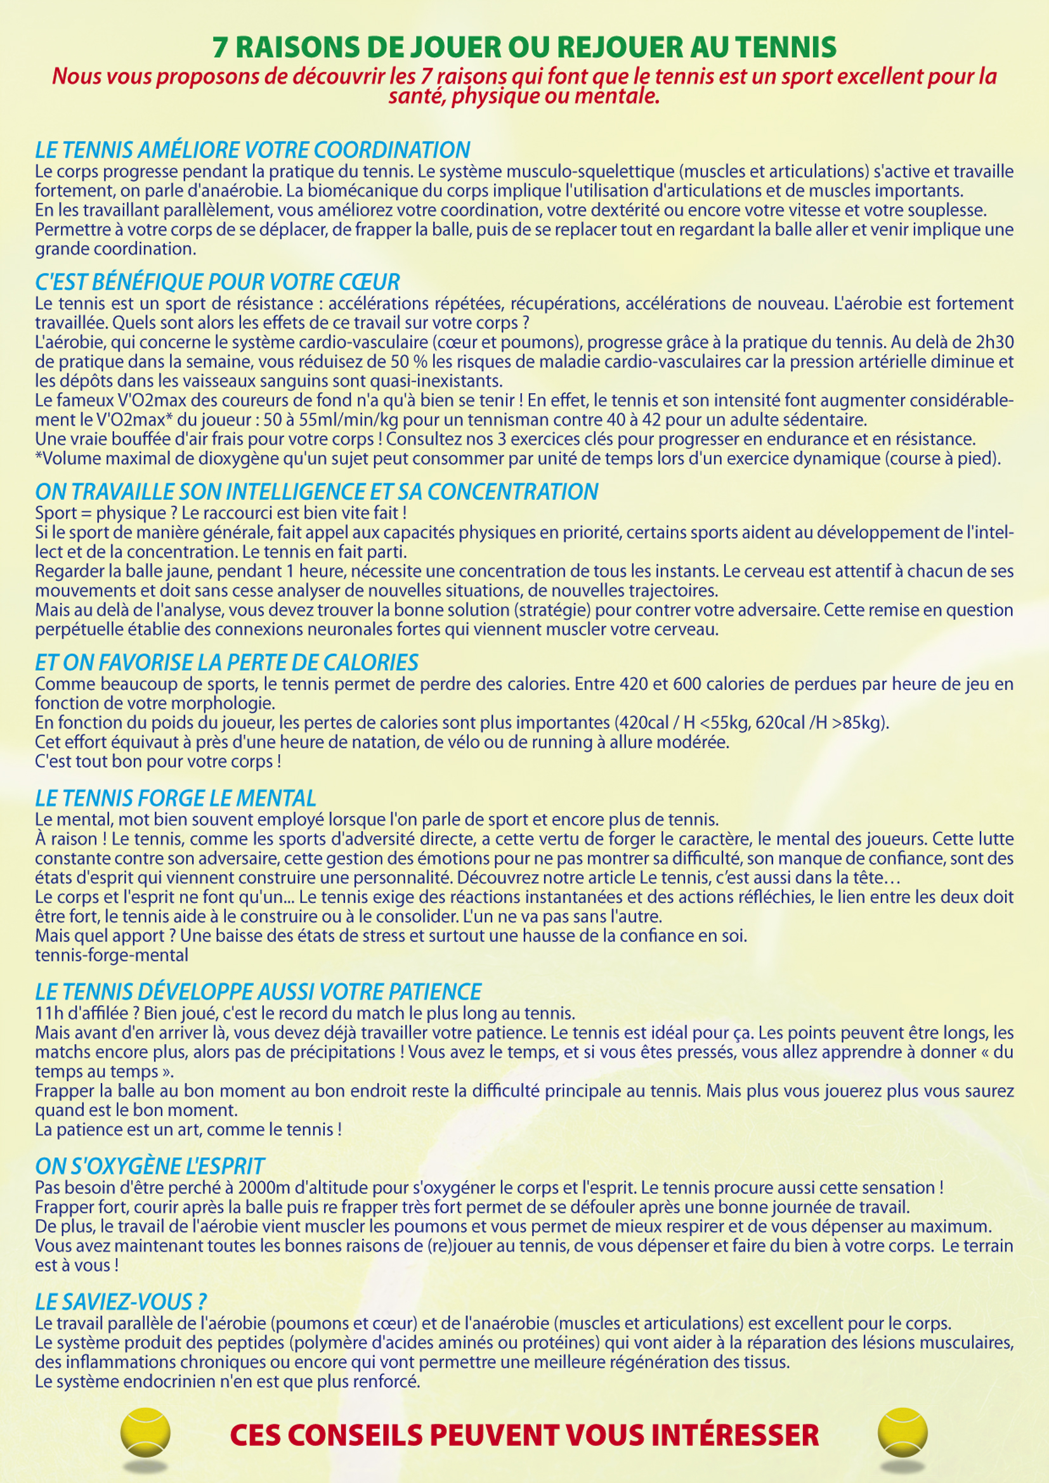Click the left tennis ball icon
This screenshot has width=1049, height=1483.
145,1432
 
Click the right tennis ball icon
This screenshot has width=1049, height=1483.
902,1432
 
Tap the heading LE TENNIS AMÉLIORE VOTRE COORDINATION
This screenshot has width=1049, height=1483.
252,150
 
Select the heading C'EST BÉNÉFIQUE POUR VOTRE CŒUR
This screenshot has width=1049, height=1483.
218,282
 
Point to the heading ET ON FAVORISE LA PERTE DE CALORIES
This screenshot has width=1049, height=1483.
226,662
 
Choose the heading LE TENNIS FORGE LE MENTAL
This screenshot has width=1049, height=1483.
176,798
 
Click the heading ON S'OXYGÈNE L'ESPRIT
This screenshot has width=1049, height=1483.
150,1166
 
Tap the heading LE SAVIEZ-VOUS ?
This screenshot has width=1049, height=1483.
121,1302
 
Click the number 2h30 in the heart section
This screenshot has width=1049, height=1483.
991,342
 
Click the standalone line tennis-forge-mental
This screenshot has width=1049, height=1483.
112,955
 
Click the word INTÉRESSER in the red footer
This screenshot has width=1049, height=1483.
734,1435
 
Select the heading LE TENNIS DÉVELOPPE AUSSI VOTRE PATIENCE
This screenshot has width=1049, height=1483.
258,992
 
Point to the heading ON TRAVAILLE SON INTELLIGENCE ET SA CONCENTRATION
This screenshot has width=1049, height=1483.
316,491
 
